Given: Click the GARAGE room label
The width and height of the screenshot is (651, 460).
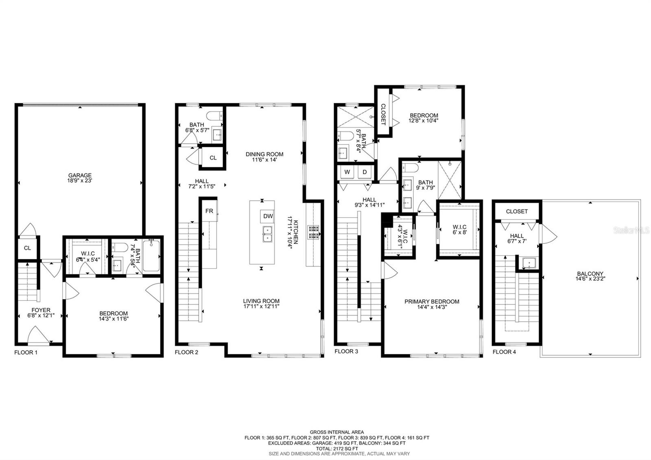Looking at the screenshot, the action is pyautogui.click(x=80, y=175).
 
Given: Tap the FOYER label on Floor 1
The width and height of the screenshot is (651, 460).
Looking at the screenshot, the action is pyautogui.click(x=41, y=310).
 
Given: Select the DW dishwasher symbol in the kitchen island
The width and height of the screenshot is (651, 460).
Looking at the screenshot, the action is pyautogui.click(x=268, y=216).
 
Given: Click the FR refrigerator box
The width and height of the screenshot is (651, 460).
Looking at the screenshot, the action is pyautogui.click(x=209, y=211).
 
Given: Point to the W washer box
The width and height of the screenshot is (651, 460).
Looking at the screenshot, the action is pyautogui.click(x=347, y=172).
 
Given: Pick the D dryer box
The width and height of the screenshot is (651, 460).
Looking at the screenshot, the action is pyautogui.click(x=365, y=172).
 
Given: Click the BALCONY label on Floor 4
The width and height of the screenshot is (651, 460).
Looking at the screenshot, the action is pyautogui.click(x=590, y=274).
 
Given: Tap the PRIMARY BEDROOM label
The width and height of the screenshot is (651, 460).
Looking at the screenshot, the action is pyautogui.click(x=432, y=302).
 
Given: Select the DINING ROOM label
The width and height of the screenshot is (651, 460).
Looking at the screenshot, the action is pyautogui.click(x=264, y=154).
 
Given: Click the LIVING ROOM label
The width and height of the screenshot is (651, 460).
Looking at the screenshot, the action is pyautogui.click(x=261, y=301).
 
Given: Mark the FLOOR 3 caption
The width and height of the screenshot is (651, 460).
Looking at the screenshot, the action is pyautogui.click(x=346, y=351).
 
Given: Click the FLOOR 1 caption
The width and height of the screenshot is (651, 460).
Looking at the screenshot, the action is pyautogui.click(x=26, y=353).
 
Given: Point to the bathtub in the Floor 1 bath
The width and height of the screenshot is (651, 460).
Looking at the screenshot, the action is pyautogui.click(x=151, y=256).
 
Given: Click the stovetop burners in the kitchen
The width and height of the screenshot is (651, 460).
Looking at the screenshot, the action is pyautogui.click(x=314, y=232).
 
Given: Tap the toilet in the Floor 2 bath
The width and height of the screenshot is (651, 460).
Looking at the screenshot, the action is pyautogui.click(x=214, y=116).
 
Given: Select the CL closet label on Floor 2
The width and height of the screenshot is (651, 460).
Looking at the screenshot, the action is pyautogui.click(x=213, y=158).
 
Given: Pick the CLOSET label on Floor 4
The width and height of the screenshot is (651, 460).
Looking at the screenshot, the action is pyautogui.click(x=517, y=211).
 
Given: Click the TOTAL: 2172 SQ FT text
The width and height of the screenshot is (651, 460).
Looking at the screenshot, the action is pyautogui.click(x=337, y=449).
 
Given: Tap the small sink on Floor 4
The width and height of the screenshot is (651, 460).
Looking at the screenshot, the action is pyautogui.click(x=529, y=263).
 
